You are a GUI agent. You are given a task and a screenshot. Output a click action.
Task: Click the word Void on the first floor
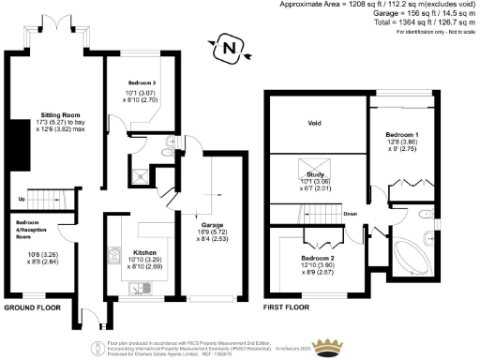click(x=314, y=123)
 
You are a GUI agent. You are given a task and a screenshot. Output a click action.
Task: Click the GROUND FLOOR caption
click(x=34, y=307)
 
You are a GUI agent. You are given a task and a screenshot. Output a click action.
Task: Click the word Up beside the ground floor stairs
click(x=21, y=200)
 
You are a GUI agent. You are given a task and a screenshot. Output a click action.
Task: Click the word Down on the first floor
click(x=349, y=214)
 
